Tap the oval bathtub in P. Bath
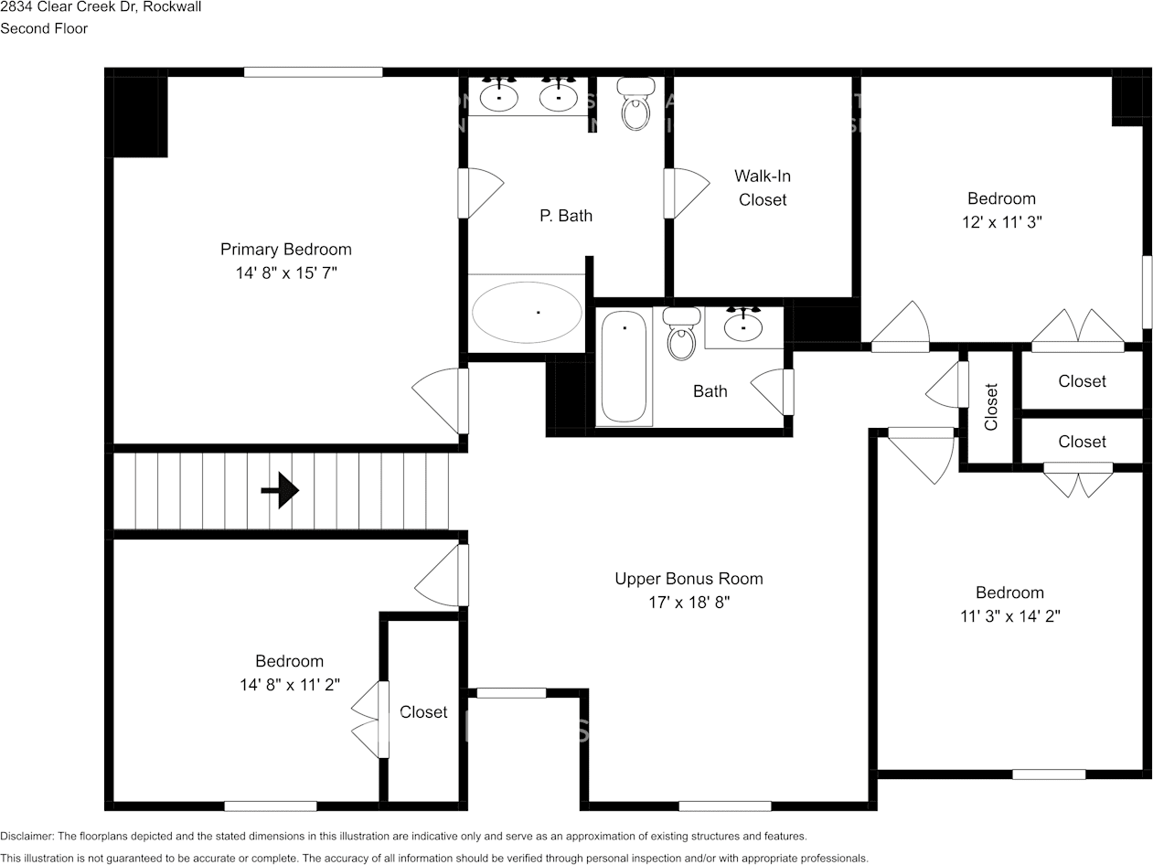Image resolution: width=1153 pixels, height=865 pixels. coord(526,313)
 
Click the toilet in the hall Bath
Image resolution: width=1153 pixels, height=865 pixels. coord(681,334)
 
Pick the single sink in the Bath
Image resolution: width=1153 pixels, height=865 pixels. coord(743,326)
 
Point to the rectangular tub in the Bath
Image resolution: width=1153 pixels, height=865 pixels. coord(625,366)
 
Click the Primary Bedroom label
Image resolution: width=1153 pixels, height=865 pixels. coord(285,250)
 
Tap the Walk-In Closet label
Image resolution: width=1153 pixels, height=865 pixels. coord(762,187)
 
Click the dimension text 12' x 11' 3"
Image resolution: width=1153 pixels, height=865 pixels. coord(1001,222)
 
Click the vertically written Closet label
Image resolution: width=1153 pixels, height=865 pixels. coord(991,407)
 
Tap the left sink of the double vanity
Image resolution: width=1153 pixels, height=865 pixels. coord(499,96)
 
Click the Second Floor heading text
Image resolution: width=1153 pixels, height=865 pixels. coord(44,28)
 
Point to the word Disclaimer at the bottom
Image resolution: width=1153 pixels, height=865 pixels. coord(27,836)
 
